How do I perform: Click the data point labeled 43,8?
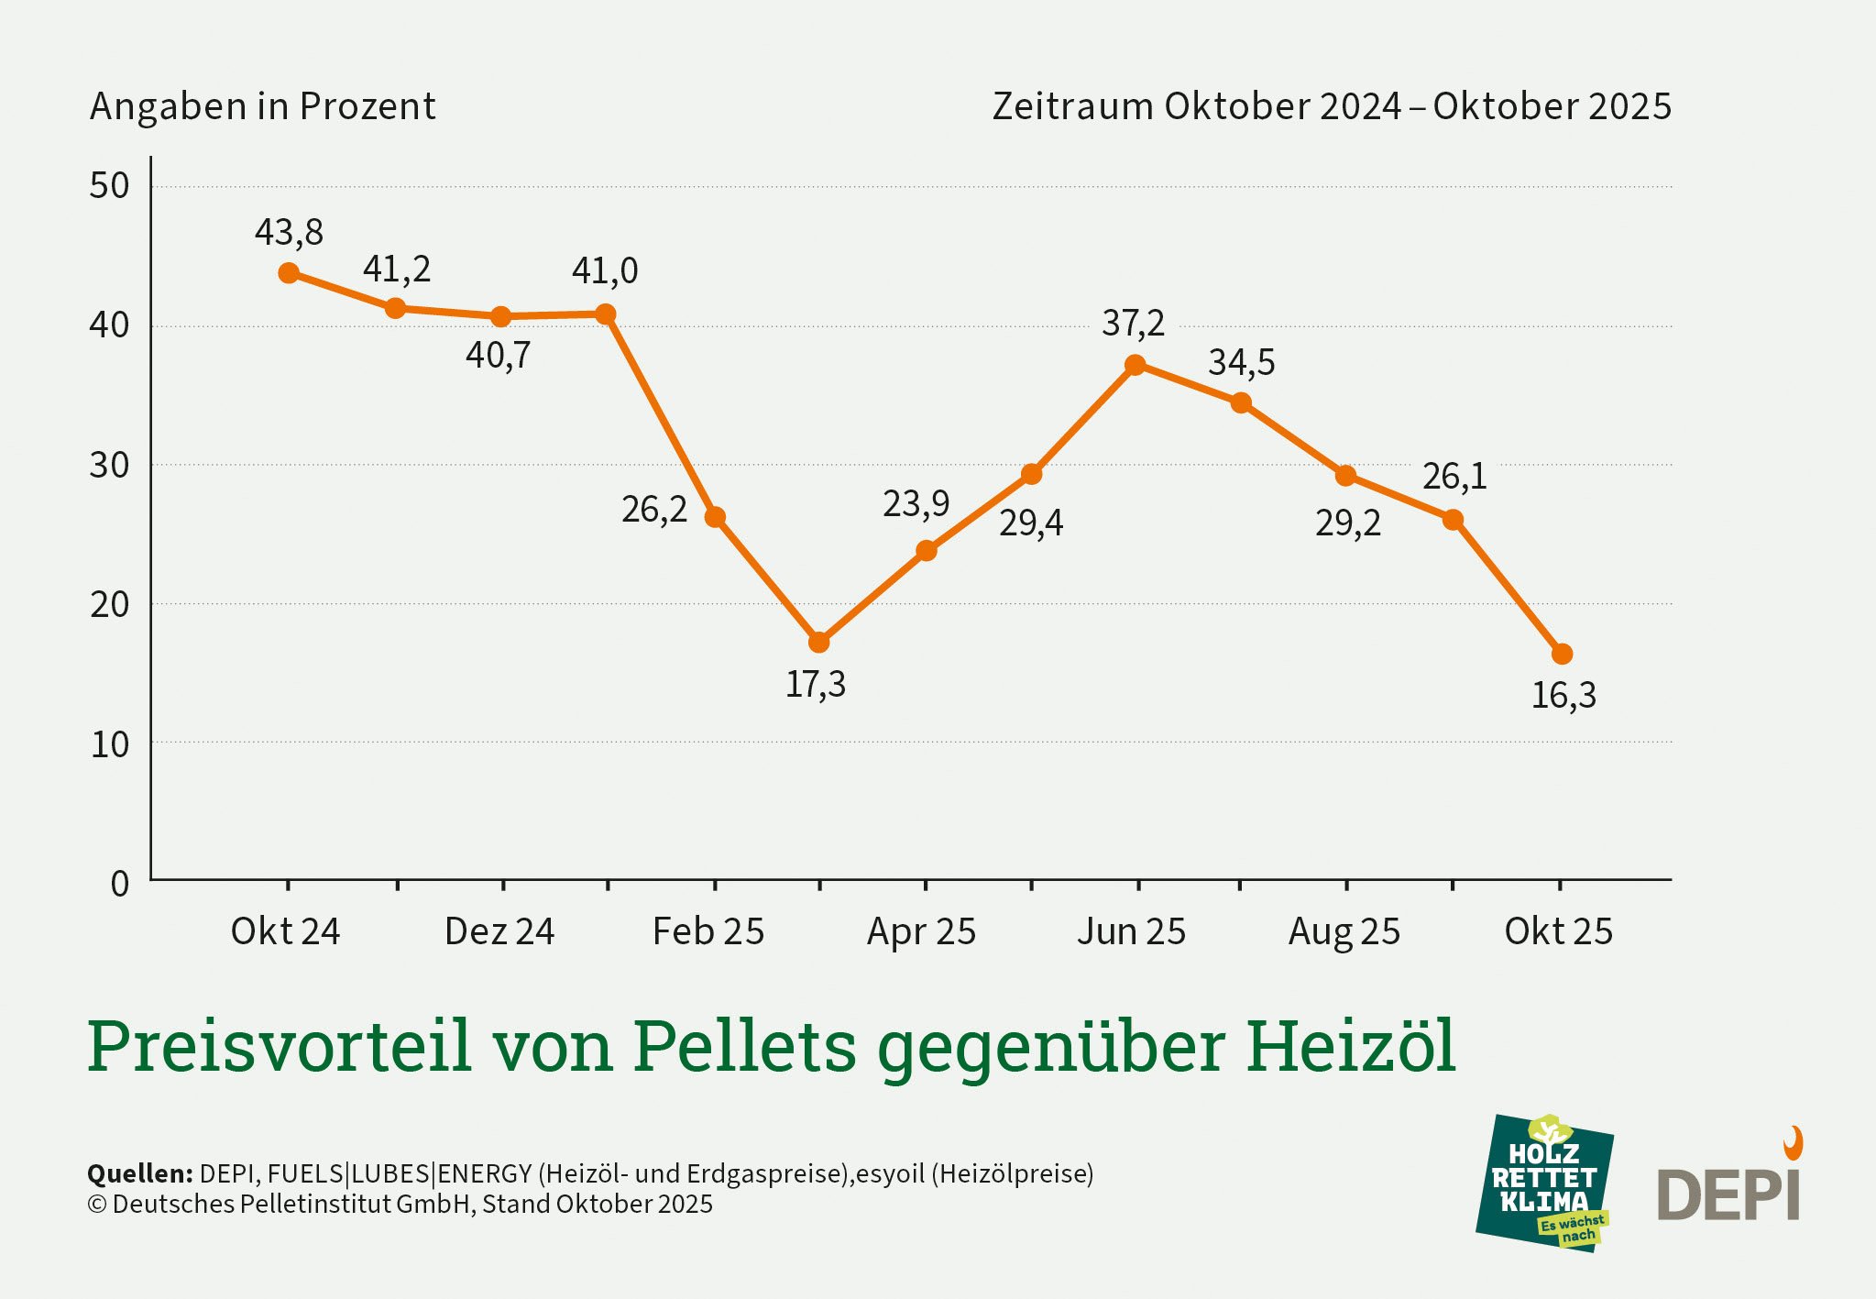point(289,273)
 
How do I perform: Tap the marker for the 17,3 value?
point(819,643)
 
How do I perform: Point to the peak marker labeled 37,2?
point(1135,365)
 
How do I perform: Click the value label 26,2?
point(653,510)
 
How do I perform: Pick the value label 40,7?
point(498,355)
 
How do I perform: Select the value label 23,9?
point(916,503)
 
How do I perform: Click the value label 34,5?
point(1241,363)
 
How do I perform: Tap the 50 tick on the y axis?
point(109,186)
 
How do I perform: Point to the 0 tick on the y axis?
point(119,884)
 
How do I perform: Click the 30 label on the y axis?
point(109,466)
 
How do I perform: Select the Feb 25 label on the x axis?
point(708,931)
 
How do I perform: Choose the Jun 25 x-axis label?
point(1131,931)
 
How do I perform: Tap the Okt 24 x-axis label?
point(285,931)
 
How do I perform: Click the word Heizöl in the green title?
point(1350,1046)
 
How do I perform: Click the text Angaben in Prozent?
point(262,106)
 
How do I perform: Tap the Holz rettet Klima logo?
point(1545,1183)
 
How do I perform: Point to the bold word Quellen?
point(139,1173)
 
